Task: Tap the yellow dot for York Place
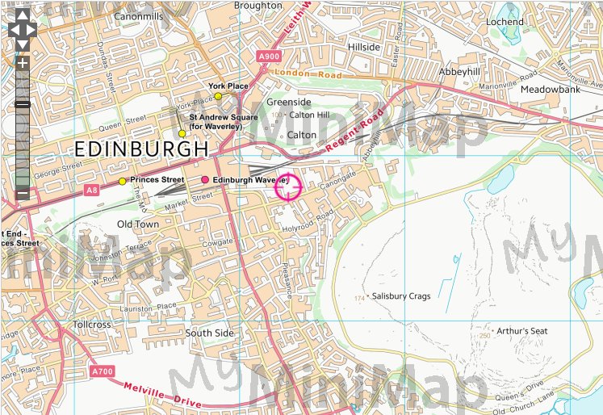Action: pos(218,96)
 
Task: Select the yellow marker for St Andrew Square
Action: pos(182,133)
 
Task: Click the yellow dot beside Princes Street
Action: pos(122,181)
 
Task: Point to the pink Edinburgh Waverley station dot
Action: pos(205,179)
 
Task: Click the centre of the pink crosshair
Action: pos(288,187)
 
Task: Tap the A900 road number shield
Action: pos(270,56)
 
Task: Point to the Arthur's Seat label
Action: pos(521,331)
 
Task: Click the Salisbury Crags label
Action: pos(401,296)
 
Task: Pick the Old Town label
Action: pos(138,224)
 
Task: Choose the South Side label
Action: pos(209,333)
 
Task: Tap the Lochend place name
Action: pos(505,21)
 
